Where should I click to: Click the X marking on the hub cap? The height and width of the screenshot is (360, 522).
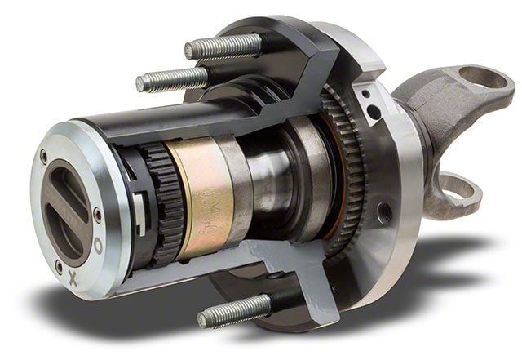coord(73,278)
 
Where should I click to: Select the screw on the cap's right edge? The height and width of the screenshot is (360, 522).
coord(98,215)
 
